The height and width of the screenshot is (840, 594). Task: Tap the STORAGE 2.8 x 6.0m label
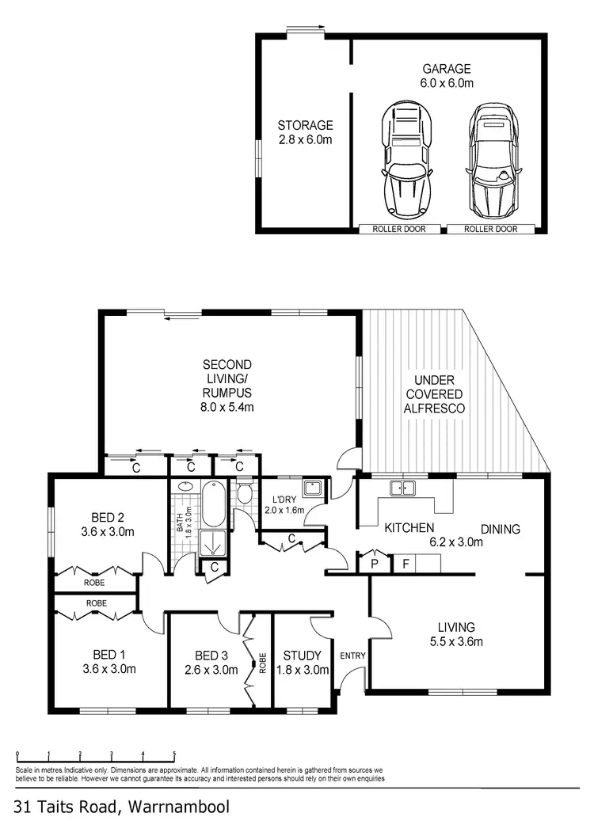[x=305, y=132]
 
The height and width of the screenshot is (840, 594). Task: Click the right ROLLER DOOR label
[x=490, y=230]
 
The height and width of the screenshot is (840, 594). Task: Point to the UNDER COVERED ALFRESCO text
[x=435, y=393]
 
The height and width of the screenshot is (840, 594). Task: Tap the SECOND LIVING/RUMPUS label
[x=227, y=386]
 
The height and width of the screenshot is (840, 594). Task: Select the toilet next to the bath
[x=245, y=496]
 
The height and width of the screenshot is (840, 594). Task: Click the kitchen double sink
[x=403, y=488]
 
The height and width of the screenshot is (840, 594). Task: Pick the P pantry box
[x=372, y=564]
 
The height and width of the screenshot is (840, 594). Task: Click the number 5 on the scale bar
[x=174, y=754]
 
